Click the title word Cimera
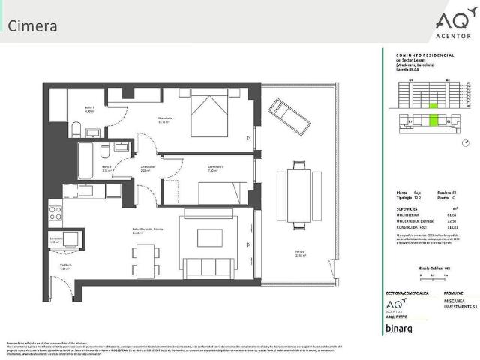(x=32, y=25)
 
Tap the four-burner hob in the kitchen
(x=55, y=212)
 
